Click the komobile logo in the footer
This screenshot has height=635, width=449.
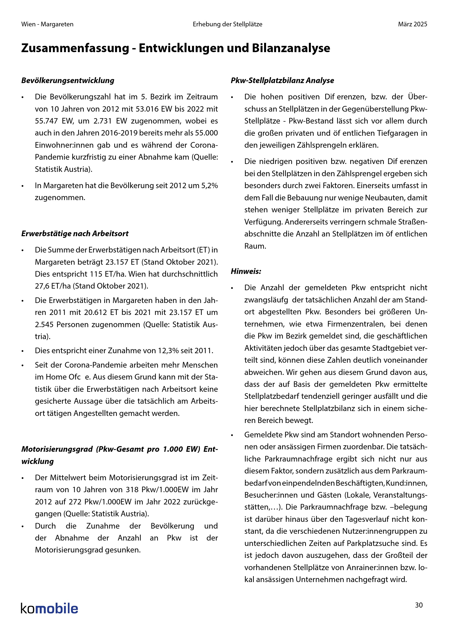49,608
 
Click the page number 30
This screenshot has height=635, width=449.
419,605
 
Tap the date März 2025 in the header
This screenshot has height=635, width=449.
413,24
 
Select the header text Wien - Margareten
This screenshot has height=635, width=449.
47,24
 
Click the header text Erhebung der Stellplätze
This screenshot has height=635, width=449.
227,24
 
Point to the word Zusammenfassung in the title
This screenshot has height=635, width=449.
75,48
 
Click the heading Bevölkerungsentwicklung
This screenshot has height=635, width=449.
68,80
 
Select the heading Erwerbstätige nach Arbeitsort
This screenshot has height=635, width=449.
75,233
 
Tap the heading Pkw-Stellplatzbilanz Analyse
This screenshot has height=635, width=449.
282,80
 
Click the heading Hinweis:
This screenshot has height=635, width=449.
246,271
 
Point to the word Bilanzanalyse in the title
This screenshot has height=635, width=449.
291,48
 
